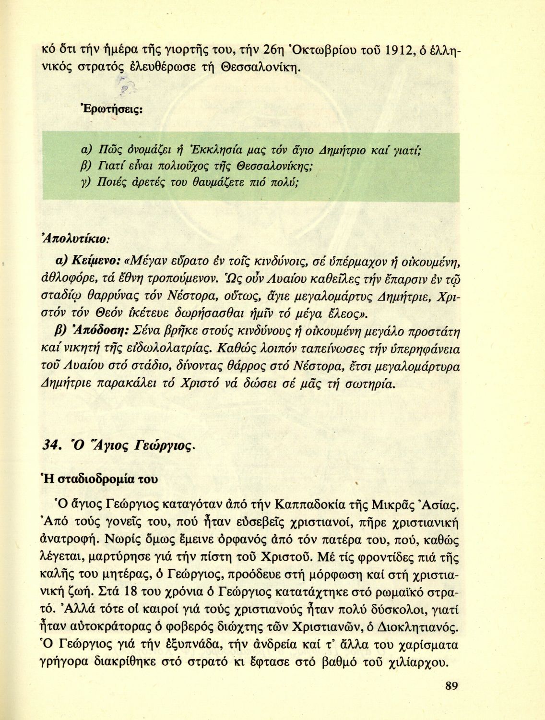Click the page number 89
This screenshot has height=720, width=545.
[x=451, y=685]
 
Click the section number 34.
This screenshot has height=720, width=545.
[x=51, y=445]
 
